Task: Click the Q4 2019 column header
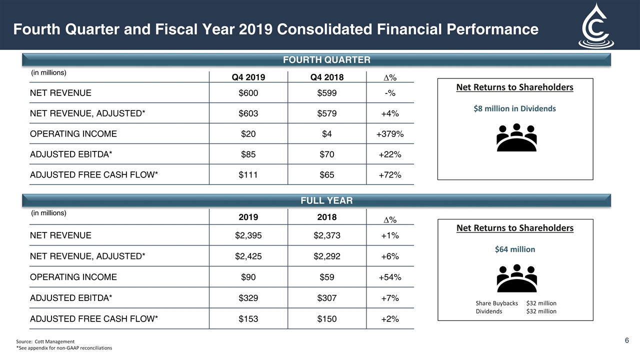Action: [248, 77]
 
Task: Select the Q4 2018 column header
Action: [327, 77]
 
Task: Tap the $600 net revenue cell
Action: [248, 93]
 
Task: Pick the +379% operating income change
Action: [390, 134]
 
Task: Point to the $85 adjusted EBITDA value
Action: [248, 154]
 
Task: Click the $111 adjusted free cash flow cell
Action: [248, 175]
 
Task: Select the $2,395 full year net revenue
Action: [248, 235]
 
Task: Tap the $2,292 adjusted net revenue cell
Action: [327, 256]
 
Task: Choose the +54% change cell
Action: [390, 277]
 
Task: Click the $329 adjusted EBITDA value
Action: [248, 298]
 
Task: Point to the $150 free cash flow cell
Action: [327, 319]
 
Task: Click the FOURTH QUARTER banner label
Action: [326, 60]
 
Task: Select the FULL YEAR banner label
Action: [326, 200]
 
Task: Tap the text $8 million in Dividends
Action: [514, 108]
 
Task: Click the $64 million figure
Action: [514, 249]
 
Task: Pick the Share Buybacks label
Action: [496, 303]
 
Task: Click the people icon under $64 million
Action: [516, 278]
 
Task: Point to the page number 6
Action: [627, 340]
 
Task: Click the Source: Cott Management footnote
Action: [45, 341]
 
